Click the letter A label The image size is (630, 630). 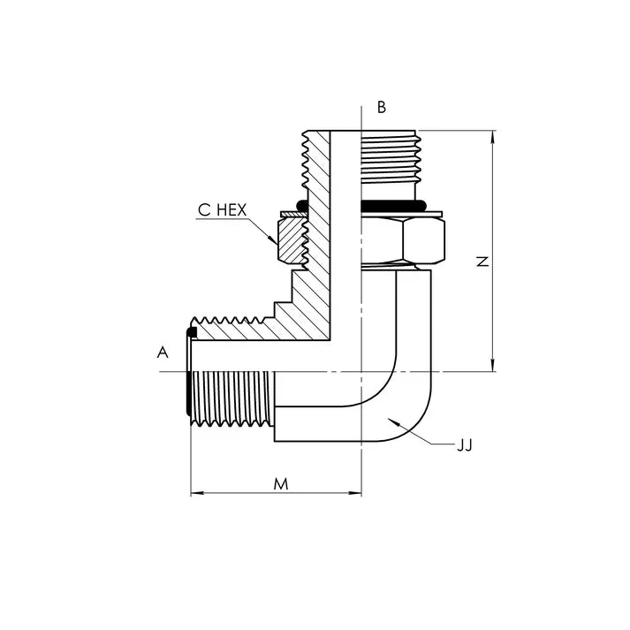coord(162,353)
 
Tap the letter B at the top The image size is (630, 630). coord(382,108)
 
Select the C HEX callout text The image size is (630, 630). coord(222,210)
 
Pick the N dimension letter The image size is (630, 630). coord(482,262)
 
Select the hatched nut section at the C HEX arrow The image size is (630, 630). coord(290,239)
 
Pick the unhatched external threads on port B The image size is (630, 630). coord(390,156)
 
